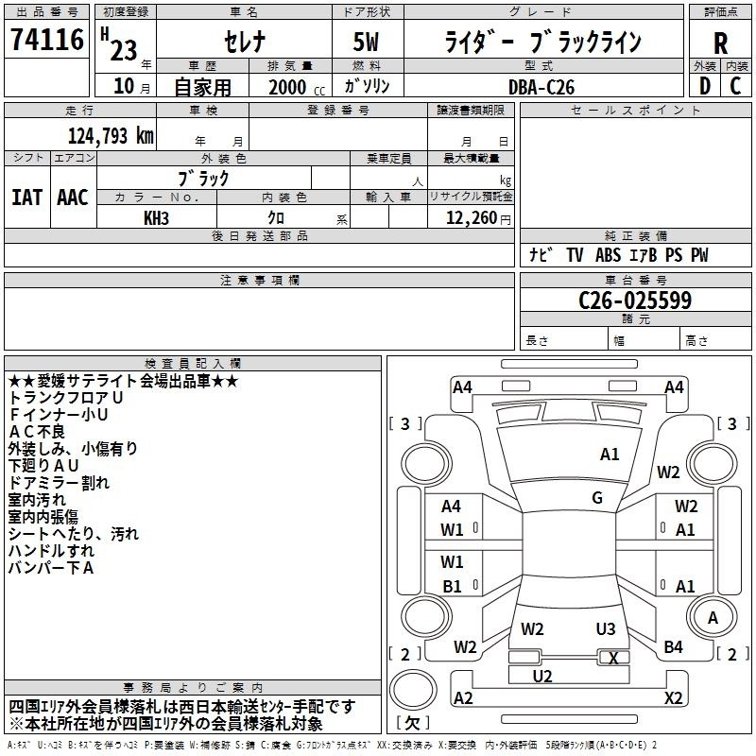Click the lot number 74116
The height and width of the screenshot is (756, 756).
47,40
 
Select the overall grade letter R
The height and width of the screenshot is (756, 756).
720,43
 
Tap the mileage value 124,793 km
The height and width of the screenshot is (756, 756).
111,136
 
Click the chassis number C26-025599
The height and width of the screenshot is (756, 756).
635,300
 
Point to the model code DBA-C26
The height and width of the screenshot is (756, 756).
541,87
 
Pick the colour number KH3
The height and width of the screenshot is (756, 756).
156,218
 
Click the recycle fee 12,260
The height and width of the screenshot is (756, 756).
471,218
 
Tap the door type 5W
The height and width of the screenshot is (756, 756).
366,42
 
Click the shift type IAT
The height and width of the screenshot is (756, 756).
26,198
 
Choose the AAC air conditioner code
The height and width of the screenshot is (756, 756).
73,198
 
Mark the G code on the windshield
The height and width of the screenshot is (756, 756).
597,498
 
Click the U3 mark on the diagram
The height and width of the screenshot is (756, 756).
606,629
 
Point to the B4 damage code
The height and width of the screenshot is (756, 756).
673,647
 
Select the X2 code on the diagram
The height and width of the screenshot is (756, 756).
673,697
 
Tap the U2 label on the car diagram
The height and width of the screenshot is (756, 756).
541,677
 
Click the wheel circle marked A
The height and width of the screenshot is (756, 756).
713,617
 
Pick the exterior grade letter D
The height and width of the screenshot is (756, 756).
705,86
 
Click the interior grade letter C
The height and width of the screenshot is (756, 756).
735,86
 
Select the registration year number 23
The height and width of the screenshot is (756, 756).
124,50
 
